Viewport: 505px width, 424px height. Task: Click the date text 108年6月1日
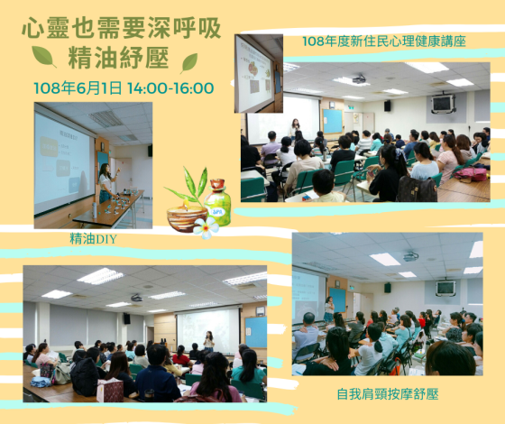(78, 88)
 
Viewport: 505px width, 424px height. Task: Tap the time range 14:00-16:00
(170, 88)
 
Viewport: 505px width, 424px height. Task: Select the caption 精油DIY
(93, 239)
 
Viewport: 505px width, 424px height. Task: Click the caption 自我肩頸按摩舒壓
(388, 394)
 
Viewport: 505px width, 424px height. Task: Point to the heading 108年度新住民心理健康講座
(384, 41)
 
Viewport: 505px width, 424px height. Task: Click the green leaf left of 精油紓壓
(44, 56)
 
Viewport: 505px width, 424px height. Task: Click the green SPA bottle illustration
(218, 203)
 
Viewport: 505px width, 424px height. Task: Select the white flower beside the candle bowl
(207, 227)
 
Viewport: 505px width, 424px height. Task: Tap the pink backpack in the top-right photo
(470, 173)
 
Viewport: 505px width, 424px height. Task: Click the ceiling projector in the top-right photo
(361, 78)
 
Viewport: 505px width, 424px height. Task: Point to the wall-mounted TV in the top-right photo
(442, 103)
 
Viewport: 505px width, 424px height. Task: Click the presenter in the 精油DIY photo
(106, 182)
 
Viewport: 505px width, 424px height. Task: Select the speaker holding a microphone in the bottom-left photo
(209, 341)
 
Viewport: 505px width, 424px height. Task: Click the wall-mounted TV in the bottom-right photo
(445, 288)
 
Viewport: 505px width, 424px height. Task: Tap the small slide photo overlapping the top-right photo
(259, 73)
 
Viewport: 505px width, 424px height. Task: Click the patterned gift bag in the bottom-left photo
(110, 390)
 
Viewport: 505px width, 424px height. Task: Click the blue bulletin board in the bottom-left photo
(256, 332)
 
